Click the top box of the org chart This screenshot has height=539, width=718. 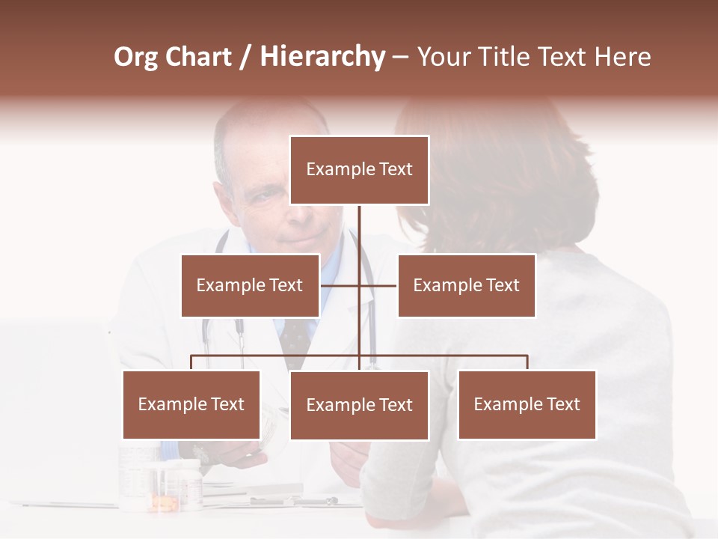[359, 170]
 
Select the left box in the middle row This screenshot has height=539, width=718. [250, 285]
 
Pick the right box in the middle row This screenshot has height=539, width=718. [466, 285]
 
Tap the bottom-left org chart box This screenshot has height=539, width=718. [191, 404]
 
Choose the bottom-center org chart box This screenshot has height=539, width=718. [359, 405]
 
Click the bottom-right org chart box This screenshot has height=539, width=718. [527, 404]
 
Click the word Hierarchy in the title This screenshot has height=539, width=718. [322, 57]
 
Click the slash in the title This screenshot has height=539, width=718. [245, 57]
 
